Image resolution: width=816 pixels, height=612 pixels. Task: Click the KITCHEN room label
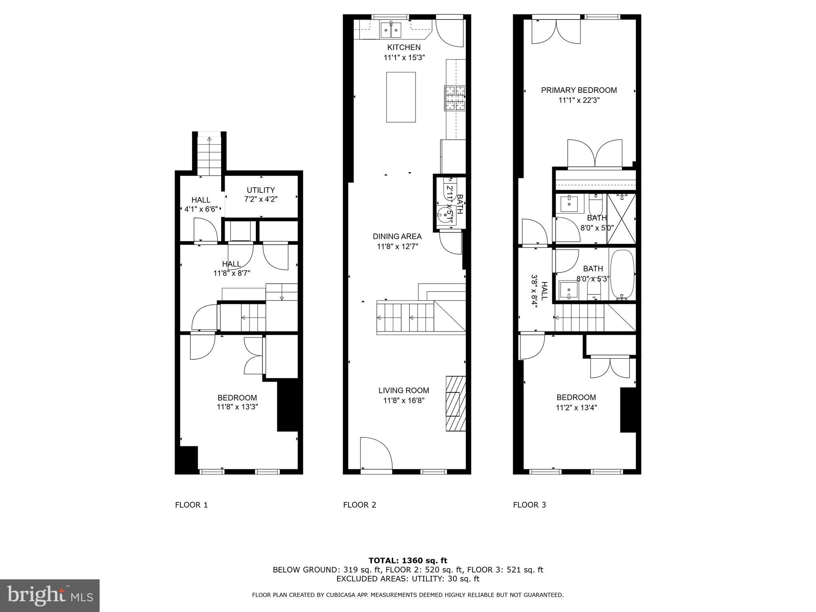[x=404, y=47]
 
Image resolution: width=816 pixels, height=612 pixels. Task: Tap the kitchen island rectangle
[x=401, y=97]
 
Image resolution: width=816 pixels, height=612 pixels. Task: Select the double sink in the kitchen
[x=390, y=30]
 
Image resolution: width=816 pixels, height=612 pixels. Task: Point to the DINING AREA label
[x=397, y=236]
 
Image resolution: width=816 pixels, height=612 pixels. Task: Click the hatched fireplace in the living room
[x=455, y=403]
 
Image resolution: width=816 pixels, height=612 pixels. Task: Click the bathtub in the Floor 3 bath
[x=621, y=275]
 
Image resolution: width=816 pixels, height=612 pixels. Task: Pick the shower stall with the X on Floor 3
[x=621, y=219]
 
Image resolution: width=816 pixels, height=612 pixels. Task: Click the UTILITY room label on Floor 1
[x=261, y=190]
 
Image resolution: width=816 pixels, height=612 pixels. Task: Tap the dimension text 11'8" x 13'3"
[x=237, y=407]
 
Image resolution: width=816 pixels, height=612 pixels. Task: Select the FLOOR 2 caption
[x=359, y=505]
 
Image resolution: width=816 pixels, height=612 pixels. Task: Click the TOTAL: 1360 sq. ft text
[x=408, y=561]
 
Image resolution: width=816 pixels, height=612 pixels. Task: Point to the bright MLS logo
[x=49, y=595]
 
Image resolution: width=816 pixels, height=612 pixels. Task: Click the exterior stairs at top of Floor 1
[x=209, y=155]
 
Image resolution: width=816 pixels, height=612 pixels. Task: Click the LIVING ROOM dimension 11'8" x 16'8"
[x=404, y=400]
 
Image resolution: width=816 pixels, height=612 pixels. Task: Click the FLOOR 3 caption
[x=529, y=505]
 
